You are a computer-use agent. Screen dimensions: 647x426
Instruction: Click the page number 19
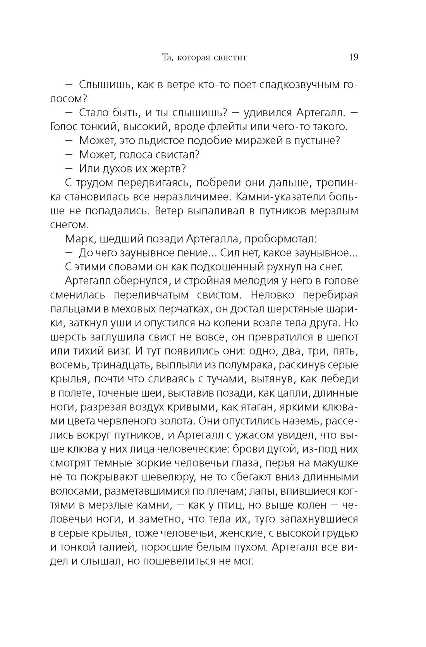tap(353, 58)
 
